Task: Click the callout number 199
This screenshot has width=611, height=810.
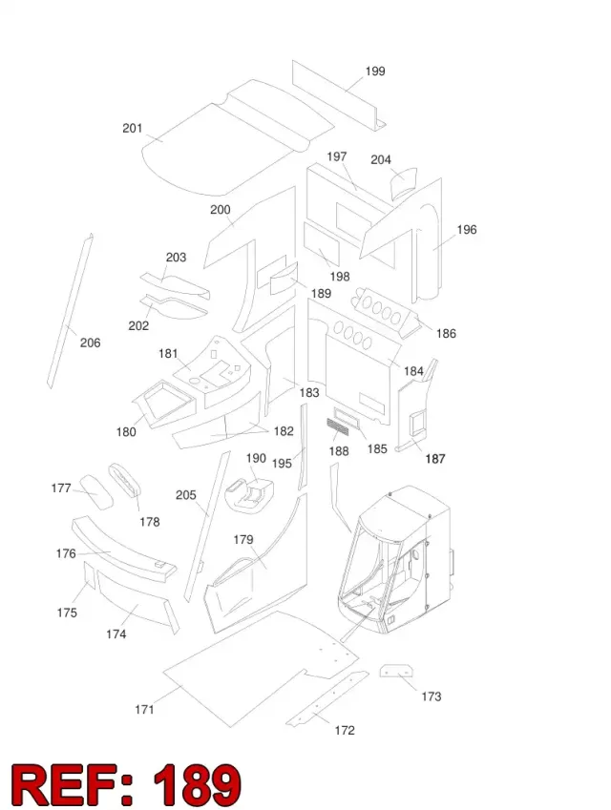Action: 375,72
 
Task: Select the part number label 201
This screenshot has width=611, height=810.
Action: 133,128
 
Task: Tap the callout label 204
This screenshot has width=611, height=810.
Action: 381,159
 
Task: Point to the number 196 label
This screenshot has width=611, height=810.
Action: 466,229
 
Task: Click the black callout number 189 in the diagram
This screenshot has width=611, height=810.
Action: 321,294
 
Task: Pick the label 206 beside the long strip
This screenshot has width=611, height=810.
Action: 90,343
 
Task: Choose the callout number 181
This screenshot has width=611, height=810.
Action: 168,353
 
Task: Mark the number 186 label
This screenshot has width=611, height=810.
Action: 446,333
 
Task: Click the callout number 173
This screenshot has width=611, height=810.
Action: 432,696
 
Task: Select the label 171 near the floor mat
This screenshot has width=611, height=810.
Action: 144,709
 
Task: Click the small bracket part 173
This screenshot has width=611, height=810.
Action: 396,671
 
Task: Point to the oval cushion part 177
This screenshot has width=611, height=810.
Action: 95,491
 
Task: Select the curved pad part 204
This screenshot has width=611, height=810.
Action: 403,182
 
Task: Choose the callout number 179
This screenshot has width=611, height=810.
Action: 242,540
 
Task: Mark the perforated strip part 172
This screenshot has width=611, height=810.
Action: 327,698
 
